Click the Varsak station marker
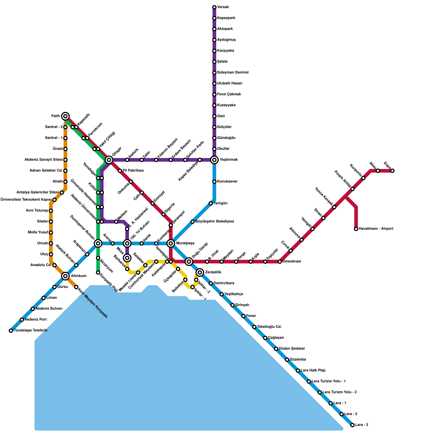pyautogui.click(x=214, y=7)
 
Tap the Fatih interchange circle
pyautogui.click(x=65, y=116)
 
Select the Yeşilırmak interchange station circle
pyautogui.click(x=214, y=160)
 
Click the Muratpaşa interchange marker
pyautogui.click(x=171, y=243)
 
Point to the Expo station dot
pyautogui.click(x=392, y=171)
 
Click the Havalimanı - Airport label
pyautogui.click(x=376, y=229)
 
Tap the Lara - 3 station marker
pyautogui.click(x=352, y=425)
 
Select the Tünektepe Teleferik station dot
pyautogui.click(x=11, y=331)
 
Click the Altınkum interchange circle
pyautogui.click(x=65, y=276)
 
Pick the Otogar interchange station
pyautogui.click(x=109, y=160)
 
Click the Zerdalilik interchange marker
pyautogui.click(x=200, y=272)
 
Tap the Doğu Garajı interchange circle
pyautogui.click(x=189, y=262)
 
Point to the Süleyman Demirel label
pyautogui.click(x=233, y=72)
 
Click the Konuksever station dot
pyautogui.click(x=214, y=182)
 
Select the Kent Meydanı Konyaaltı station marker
pyautogui.click(x=76, y=287)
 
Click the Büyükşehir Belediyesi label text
pyautogui.click(x=214, y=222)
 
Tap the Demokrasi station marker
pyautogui.click(x=280, y=262)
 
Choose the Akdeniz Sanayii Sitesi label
pyautogui.click(x=44, y=160)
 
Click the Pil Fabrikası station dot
pyautogui.click(x=120, y=171)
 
